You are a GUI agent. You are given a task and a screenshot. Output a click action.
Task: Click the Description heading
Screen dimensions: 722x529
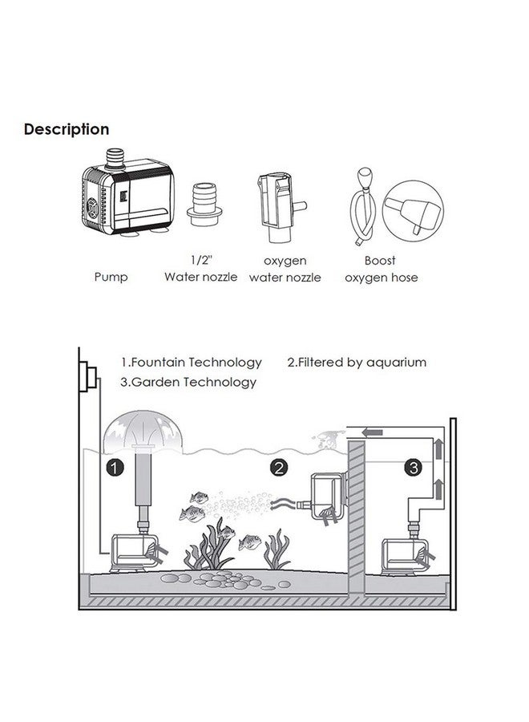pyautogui.click(x=67, y=129)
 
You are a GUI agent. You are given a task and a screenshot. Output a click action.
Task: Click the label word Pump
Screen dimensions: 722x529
pyautogui.click(x=110, y=278)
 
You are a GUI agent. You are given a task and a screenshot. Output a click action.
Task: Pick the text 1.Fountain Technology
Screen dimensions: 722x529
pyautogui.click(x=192, y=363)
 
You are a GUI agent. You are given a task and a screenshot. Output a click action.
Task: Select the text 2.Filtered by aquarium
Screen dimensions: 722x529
pyautogui.click(x=357, y=363)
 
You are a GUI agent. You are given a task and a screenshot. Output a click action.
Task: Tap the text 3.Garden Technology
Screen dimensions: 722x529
pyautogui.click(x=189, y=383)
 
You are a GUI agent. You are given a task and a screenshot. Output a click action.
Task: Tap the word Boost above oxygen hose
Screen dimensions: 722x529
pyautogui.click(x=380, y=261)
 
